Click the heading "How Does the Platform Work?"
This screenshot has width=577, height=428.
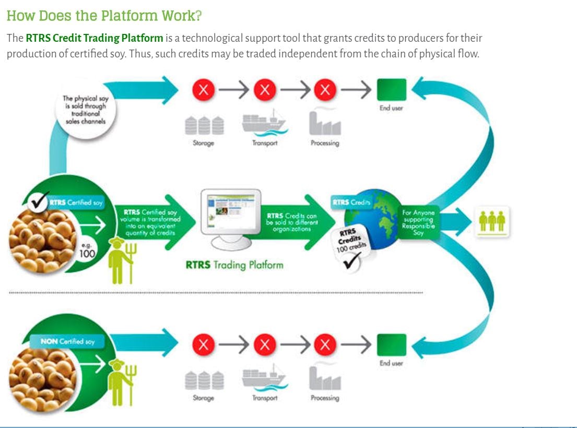tap(104, 16)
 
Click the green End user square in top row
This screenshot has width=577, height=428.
tap(391, 90)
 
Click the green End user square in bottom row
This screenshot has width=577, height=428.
tap(391, 344)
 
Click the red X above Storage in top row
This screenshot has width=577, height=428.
tap(204, 90)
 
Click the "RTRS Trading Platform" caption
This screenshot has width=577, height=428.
tap(234, 265)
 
